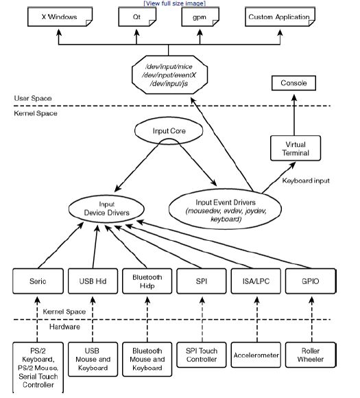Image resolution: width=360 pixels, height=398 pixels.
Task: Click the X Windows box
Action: (60, 16)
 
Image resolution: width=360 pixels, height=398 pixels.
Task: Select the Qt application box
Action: (137, 16)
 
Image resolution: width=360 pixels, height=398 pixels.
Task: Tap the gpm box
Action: (200, 16)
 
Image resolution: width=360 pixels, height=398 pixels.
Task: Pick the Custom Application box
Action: (280, 16)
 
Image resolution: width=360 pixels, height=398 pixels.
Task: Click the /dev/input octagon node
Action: (169, 75)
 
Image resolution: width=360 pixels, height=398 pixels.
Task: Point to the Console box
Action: (293, 83)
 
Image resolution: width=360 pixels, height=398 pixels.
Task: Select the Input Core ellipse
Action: (169, 130)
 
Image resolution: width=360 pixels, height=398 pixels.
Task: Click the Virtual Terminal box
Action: (296, 148)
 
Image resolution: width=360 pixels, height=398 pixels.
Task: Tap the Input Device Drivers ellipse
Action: (106, 209)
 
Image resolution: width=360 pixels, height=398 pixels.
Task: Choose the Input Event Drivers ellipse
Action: (226, 209)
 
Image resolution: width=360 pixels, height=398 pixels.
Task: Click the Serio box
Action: (38, 281)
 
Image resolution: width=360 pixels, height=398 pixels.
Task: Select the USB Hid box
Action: (93, 281)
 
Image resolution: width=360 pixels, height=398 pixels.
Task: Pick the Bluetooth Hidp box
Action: (147, 281)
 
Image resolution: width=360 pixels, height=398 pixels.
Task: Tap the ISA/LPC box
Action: (256, 281)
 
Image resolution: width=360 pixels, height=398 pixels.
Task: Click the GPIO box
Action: (311, 281)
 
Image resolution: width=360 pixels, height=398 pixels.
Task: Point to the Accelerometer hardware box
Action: (256, 355)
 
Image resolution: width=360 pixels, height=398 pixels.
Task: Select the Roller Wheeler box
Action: (311, 355)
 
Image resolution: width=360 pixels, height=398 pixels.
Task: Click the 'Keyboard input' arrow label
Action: (306, 180)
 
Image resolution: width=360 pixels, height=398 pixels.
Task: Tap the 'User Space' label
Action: (33, 98)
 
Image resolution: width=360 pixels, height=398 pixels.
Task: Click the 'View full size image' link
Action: (175, 3)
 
